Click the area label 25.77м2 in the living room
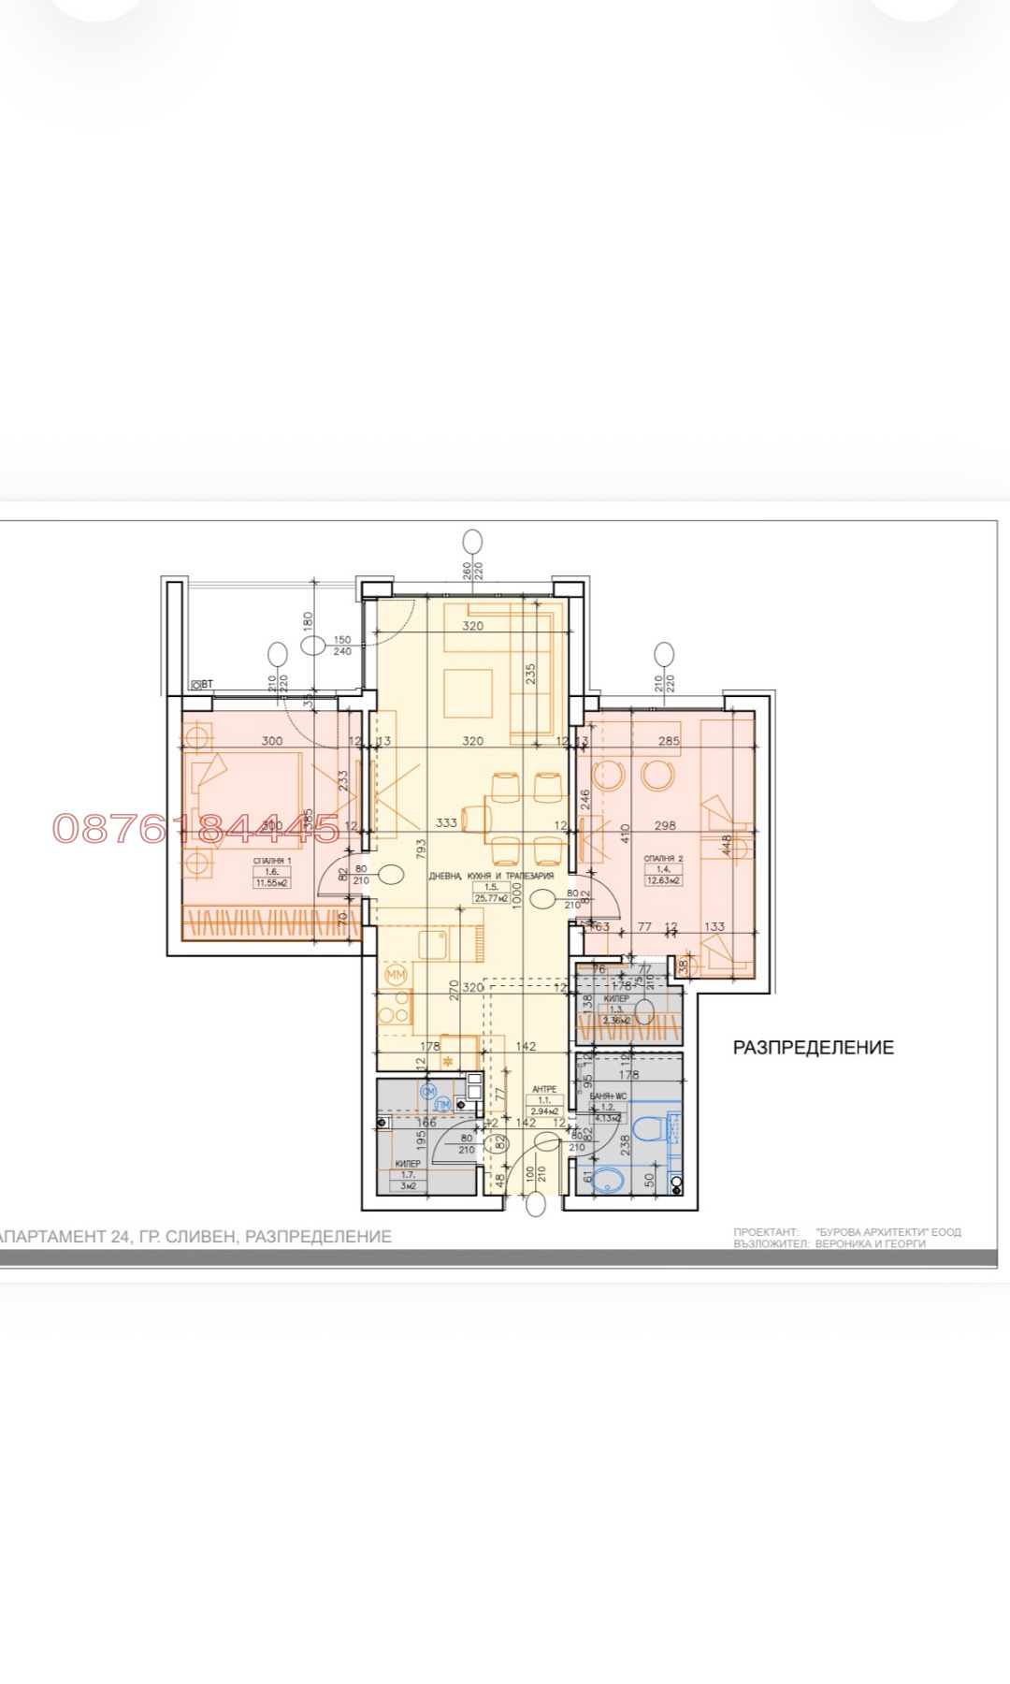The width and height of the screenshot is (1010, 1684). (x=491, y=898)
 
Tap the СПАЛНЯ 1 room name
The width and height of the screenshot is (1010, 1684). (x=272, y=861)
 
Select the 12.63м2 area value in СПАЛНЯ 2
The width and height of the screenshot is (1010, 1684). (x=663, y=880)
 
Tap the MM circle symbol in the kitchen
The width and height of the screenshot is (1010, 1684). (x=397, y=975)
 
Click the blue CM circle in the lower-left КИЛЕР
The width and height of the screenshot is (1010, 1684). (x=429, y=1091)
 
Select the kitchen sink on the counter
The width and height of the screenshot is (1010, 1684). (x=434, y=944)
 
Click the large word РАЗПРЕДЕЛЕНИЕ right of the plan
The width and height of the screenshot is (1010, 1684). (x=813, y=1048)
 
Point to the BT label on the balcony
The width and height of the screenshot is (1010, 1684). (x=203, y=685)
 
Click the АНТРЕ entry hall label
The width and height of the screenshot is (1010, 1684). (x=544, y=1089)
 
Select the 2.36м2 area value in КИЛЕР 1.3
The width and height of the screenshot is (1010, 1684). (x=616, y=1021)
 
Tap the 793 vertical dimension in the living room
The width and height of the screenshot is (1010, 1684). (x=422, y=849)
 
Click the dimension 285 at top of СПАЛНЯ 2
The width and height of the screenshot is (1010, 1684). (x=669, y=741)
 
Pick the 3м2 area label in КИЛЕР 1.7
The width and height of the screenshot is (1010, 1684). (x=408, y=1185)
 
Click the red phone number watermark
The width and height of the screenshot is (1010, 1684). (x=196, y=828)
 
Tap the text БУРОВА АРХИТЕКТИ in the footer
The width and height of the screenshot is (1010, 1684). (x=887, y=1232)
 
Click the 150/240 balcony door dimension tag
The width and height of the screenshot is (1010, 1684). (x=342, y=646)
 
